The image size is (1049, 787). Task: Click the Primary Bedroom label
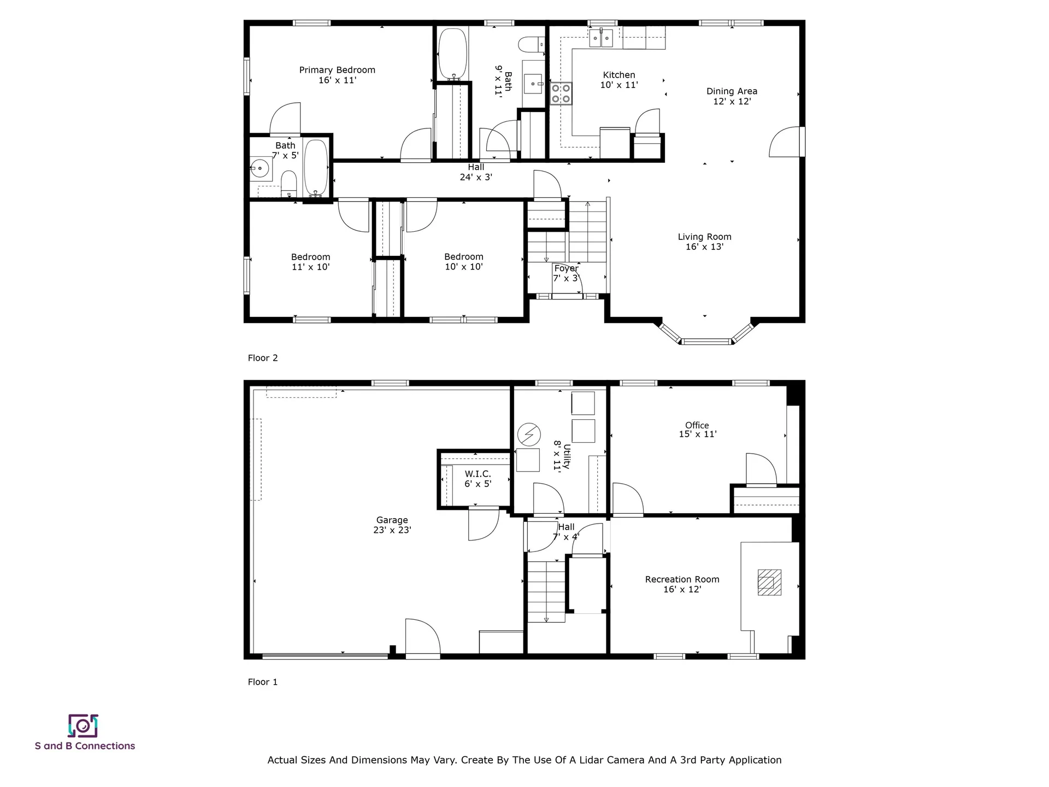tap(337, 70)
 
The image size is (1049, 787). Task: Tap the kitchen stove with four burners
tap(561, 93)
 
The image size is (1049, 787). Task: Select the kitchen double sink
tap(601, 38)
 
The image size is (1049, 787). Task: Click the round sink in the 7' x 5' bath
tap(261, 168)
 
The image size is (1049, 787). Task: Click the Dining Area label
tap(732, 91)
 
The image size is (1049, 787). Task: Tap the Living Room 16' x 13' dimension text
tap(704, 247)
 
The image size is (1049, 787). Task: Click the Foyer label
tap(566, 268)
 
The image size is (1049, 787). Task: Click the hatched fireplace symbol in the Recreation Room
tap(769, 582)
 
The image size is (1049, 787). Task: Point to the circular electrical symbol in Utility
tap(529, 434)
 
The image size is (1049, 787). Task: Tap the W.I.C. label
tap(478, 474)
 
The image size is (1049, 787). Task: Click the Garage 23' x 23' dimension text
tap(392, 530)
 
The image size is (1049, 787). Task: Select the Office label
tap(697, 425)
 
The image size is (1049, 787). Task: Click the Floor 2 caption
tap(263, 358)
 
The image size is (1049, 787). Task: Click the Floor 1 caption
tap(263, 682)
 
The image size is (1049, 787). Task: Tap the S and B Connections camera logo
tap(83, 726)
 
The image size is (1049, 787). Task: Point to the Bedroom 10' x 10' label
tap(463, 257)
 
